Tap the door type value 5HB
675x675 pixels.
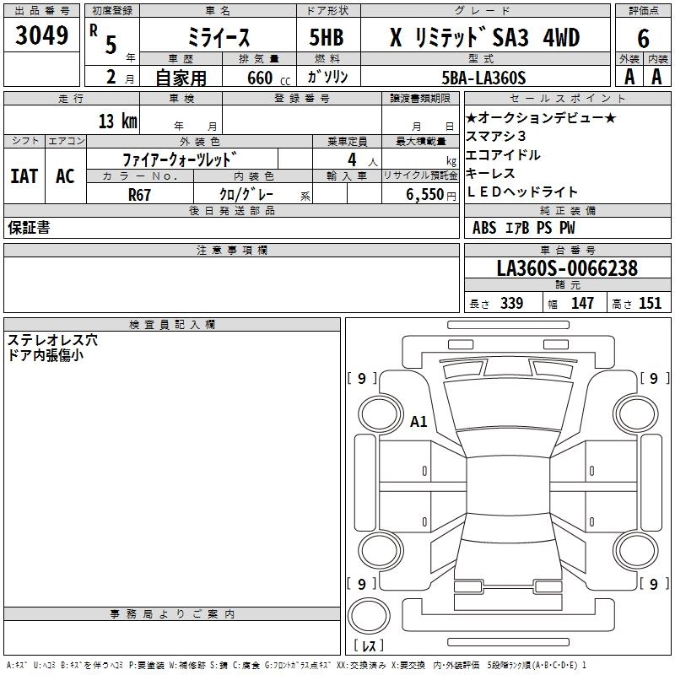(327, 36)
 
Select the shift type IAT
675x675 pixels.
(24, 176)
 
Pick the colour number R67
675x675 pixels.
(140, 194)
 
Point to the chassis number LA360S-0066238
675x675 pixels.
(567, 269)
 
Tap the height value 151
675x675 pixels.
(650, 304)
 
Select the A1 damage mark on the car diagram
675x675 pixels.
(418, 421)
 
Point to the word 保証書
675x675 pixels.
(29, 228)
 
